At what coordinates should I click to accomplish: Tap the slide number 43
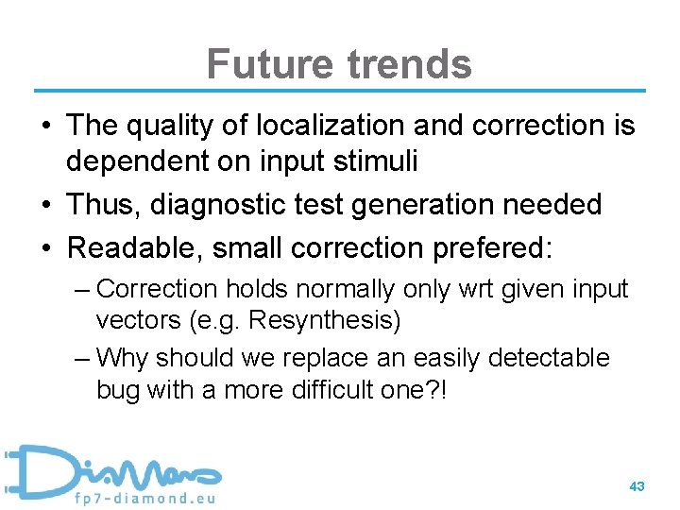click(637, 486)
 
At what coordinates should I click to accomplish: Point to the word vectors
click(133, 320)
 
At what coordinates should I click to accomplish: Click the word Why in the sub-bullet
click(124, 359)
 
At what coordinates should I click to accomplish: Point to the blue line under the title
click(340, 91)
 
